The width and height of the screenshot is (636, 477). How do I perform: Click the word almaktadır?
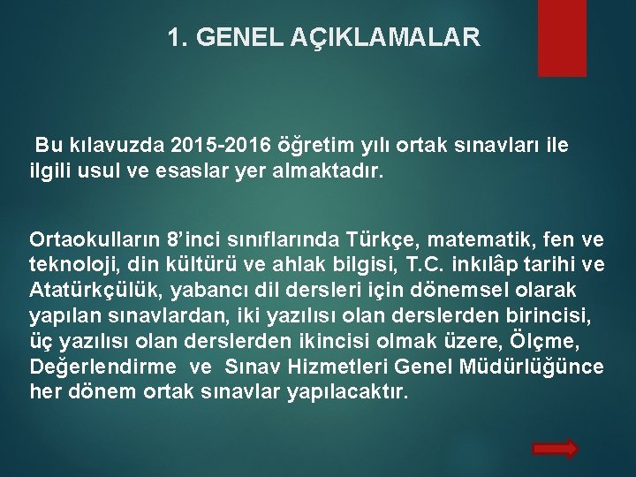click(x=329, y=170)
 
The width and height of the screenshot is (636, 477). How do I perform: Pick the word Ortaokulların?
click(x=93, y=238)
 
